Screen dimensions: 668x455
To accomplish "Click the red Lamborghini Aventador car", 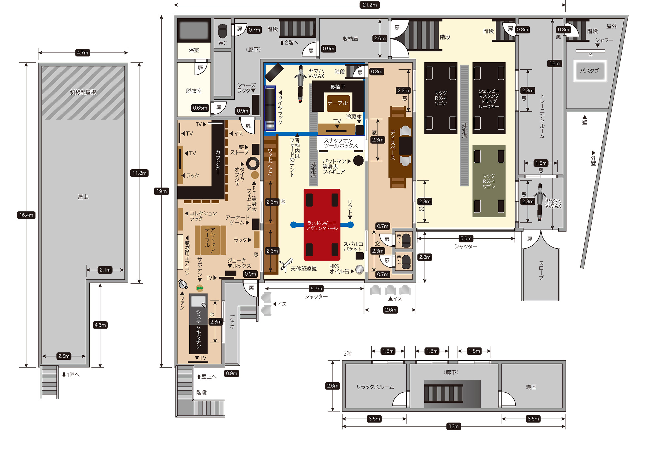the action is (x=322, y=225).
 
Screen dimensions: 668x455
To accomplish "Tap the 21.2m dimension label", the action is (x=369, y=5).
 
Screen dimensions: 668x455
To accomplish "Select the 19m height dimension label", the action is (x=161, y=191).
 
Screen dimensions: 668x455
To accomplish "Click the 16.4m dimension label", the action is (x=26, y=215).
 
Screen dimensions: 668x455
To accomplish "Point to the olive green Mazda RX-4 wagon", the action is (x=489, y=181).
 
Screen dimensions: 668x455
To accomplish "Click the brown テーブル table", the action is (x=338, y=103).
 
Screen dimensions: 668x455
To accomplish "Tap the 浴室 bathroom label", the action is (x=194, y=50).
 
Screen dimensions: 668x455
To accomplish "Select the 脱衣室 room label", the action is (x=194, y=91).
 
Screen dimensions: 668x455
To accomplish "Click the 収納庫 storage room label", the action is (x=350, y=39).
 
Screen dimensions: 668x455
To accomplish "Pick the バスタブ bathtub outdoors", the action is (x=590, y=71).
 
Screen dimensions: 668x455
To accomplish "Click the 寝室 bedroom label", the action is (x=531, y=387).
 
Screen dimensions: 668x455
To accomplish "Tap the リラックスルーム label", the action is (x=375, y=387).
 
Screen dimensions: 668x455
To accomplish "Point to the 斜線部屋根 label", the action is (x=83, y=92).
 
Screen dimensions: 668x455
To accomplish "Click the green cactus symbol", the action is (x=200, y=288).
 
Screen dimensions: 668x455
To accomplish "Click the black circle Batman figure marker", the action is (x=358, y=160).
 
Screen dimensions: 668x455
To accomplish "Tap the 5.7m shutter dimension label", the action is (x=316, y=288).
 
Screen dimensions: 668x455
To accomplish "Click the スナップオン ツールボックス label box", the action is (x=341, y=143).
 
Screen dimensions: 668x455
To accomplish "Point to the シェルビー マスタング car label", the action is (x=489, y=99).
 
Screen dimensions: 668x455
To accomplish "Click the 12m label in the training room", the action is (x=554, y=63).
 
